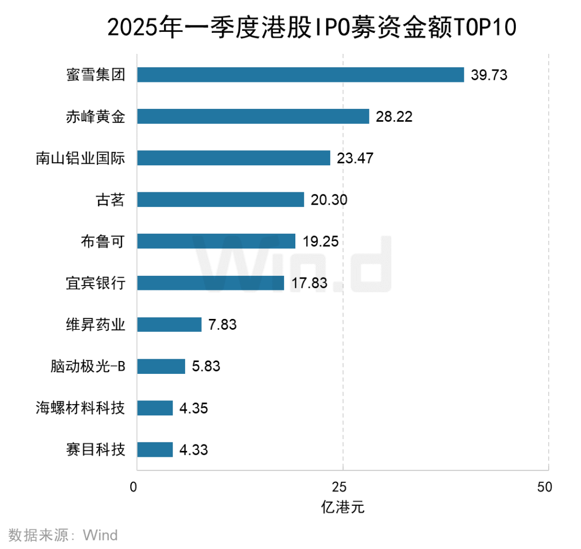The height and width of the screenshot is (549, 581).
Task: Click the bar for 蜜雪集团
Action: [x=300, y=74]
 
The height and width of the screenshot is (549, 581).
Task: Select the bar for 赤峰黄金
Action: [x=253, y=116]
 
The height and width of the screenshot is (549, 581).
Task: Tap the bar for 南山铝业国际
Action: [x=233, y=158]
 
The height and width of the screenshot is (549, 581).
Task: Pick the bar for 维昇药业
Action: [x=169, y=324]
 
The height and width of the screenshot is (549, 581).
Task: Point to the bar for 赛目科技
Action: [x=155, y=449]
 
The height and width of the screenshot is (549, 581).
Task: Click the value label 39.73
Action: [x=489, y=75]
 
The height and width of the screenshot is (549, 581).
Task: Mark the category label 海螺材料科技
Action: [x=80, y=408]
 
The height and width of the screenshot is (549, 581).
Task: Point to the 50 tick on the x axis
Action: [x=544, y=487]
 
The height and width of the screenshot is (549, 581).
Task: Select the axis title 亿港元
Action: [x=343, y=508]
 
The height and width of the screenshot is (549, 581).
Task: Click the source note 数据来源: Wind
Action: [x=63, y=535]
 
